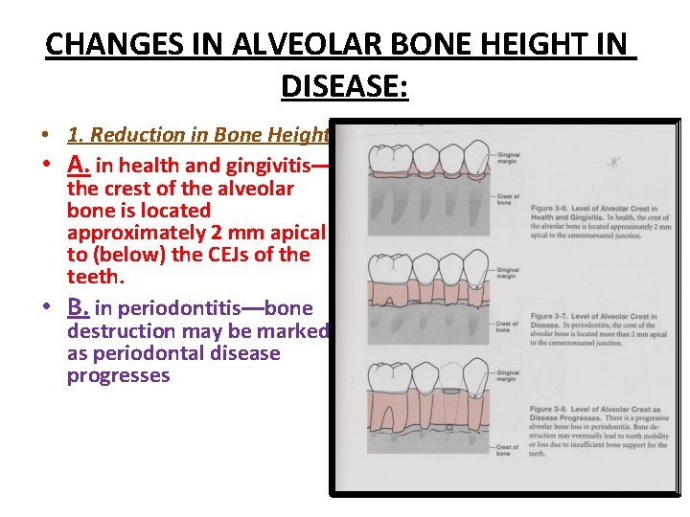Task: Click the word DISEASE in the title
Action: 343,87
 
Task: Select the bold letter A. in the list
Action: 79,165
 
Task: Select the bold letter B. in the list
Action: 79,308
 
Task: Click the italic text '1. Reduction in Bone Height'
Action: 198,135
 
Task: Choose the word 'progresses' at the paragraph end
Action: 118,375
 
